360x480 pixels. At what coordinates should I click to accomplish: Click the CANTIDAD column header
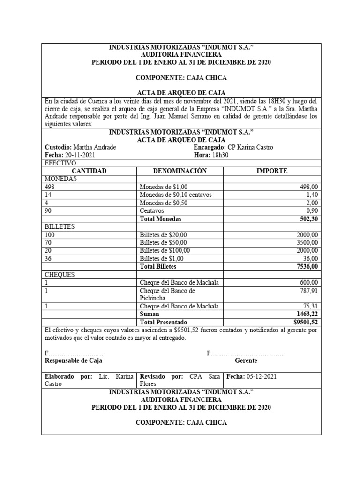pos(89,171)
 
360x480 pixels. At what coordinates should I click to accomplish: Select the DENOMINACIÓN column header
pos(180,171)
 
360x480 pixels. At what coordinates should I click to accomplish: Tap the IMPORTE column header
pos(272,171)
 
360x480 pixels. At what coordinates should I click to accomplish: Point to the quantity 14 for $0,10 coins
pos(48,195)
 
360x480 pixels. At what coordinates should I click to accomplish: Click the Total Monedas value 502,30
pos(308,218)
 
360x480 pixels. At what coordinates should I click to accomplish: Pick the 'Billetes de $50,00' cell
pos(163,242)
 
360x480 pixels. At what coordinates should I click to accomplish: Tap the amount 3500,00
pos(307,242)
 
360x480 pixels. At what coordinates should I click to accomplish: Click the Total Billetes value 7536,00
pos(307,266)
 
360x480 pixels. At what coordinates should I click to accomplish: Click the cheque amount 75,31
pos(310,306)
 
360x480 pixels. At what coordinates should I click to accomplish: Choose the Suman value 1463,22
pos(307,314)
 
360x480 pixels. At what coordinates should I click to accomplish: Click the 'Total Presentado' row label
pos(163,322)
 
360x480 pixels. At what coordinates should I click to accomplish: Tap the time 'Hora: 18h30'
pos(210,155)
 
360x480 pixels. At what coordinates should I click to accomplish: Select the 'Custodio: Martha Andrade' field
pos(80,147)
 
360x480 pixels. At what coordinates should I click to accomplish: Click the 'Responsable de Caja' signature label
pos(73,361)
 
